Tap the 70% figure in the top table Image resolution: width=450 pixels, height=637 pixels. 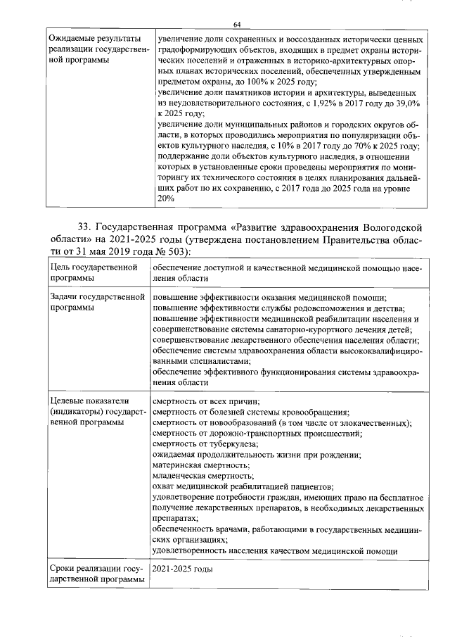(x=337, y=146)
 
